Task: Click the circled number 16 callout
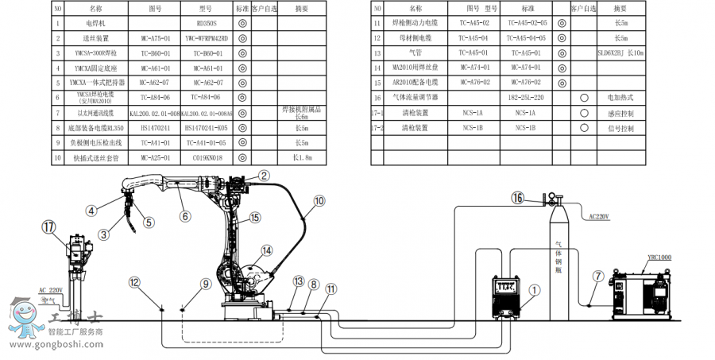(518, 198)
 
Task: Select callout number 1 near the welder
(534, 292)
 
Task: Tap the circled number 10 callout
(319, 203)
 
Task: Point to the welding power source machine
(511, 296)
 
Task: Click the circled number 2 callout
(265, 176)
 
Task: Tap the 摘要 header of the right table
(620, 8)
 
